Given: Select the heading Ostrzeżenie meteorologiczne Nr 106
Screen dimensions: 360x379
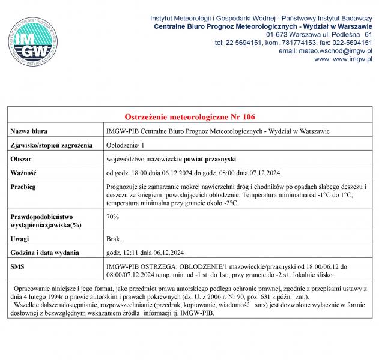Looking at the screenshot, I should coord(189,116).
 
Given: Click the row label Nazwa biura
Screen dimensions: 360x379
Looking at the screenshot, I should coord(30,131).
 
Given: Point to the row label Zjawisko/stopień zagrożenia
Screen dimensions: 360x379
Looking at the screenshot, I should coord(52,145).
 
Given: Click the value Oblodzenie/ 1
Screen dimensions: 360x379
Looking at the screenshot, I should coord(125,145).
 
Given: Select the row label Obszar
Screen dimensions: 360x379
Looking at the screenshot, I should coord(22,159).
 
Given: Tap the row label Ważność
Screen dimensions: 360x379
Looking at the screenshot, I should coord(25,173).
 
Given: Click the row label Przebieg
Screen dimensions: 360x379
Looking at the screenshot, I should coord(24,187).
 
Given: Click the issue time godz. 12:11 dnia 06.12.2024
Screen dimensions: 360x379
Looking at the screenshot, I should coord(145,253).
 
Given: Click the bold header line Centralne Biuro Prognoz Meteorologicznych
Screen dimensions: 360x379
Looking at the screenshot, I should coord(263,26).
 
